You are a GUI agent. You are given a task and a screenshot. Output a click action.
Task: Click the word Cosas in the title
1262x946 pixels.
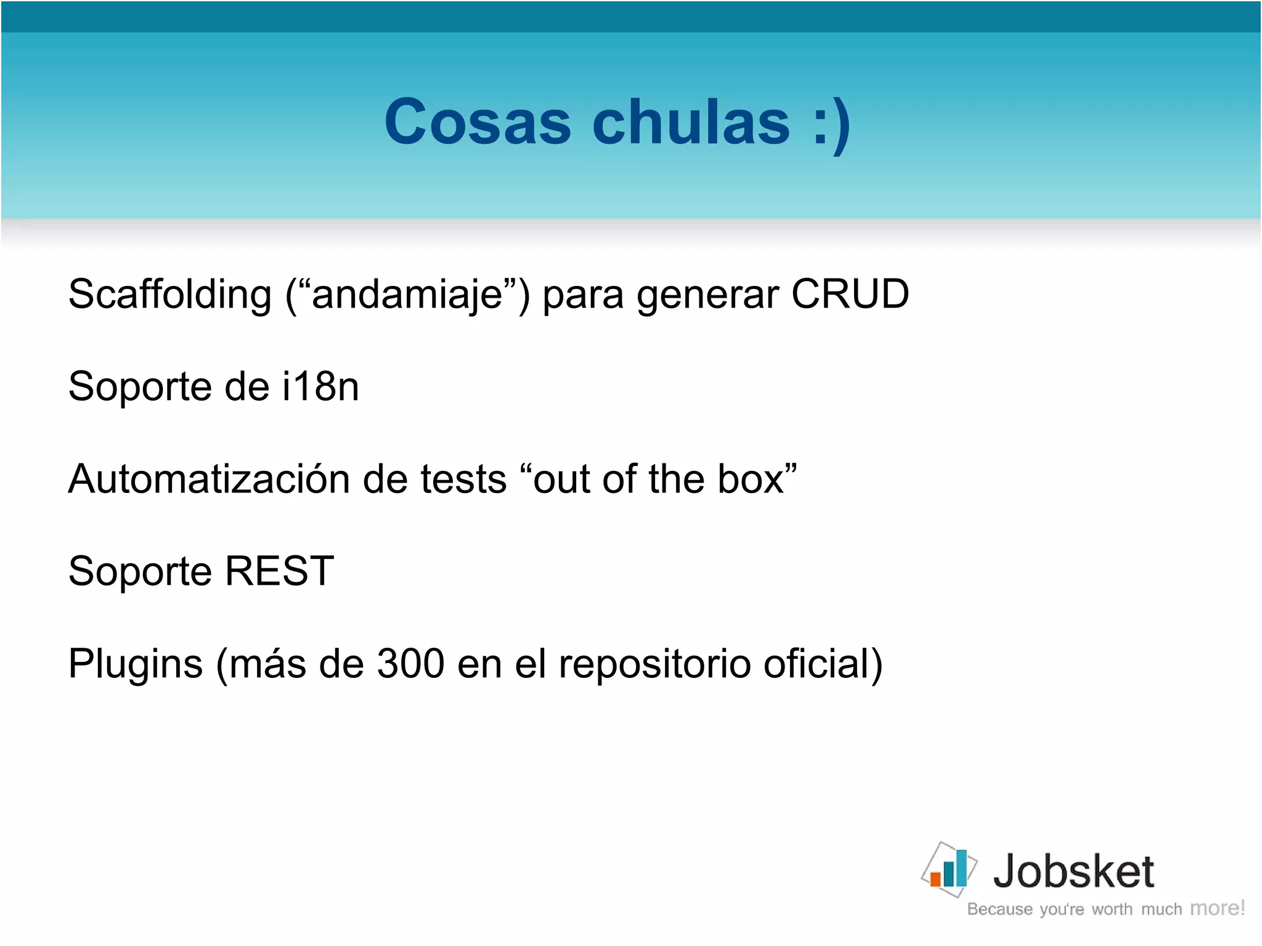[x=478, y=122]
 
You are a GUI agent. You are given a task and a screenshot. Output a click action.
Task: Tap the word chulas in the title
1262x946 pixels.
[x=691, y=122]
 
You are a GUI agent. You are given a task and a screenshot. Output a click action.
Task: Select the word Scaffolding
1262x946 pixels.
[x=170, y=294]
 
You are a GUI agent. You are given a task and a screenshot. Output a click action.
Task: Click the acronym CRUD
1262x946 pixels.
[x=850, y=294]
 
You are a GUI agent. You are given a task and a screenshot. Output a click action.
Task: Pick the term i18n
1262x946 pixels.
[x=320, y=386]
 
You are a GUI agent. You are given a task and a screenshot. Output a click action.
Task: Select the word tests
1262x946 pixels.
[x=463, y=479]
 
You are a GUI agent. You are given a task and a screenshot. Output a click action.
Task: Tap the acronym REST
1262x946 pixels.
[x=279, y=571]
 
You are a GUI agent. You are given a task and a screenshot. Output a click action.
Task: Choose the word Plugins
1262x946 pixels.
[x=136, y=664]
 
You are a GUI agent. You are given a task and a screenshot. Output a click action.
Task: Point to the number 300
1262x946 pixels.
[x=410, y=664]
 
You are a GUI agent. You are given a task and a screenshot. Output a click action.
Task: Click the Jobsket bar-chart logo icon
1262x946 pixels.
[x=949, y=870]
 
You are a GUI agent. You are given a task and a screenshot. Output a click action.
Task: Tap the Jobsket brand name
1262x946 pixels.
[x=1073, y=871]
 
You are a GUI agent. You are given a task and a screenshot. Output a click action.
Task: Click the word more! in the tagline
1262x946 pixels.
[x=1217, y=908]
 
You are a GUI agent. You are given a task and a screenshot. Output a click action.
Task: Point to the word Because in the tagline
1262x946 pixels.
[x=999, y=909]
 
